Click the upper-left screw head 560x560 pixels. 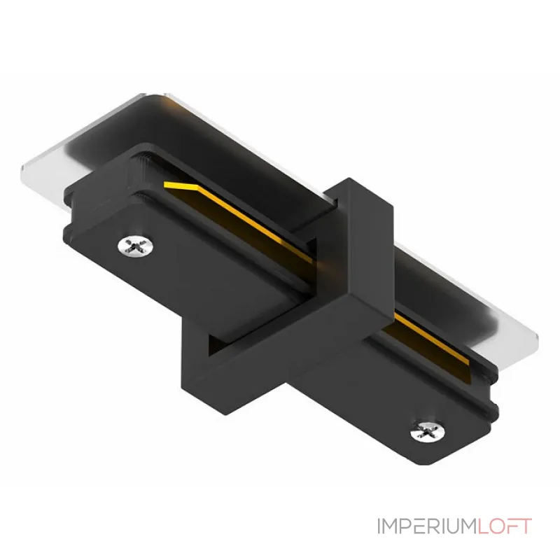tap(136, 246)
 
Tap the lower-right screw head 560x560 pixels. tap(428, 431)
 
